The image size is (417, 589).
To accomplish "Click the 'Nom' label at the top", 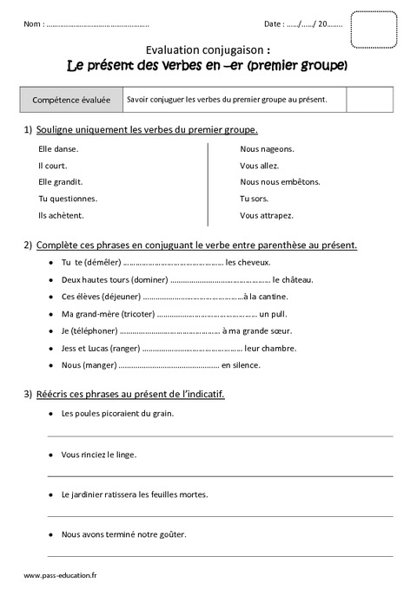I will [35, 24].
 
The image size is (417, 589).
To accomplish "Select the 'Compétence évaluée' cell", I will [71, 100].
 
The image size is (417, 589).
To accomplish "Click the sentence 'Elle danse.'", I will [47, 149].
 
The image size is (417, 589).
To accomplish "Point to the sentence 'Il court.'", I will [42, 166].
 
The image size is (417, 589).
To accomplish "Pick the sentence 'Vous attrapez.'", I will [267, 215].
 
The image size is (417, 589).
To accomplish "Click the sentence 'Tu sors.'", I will [255, 199].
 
